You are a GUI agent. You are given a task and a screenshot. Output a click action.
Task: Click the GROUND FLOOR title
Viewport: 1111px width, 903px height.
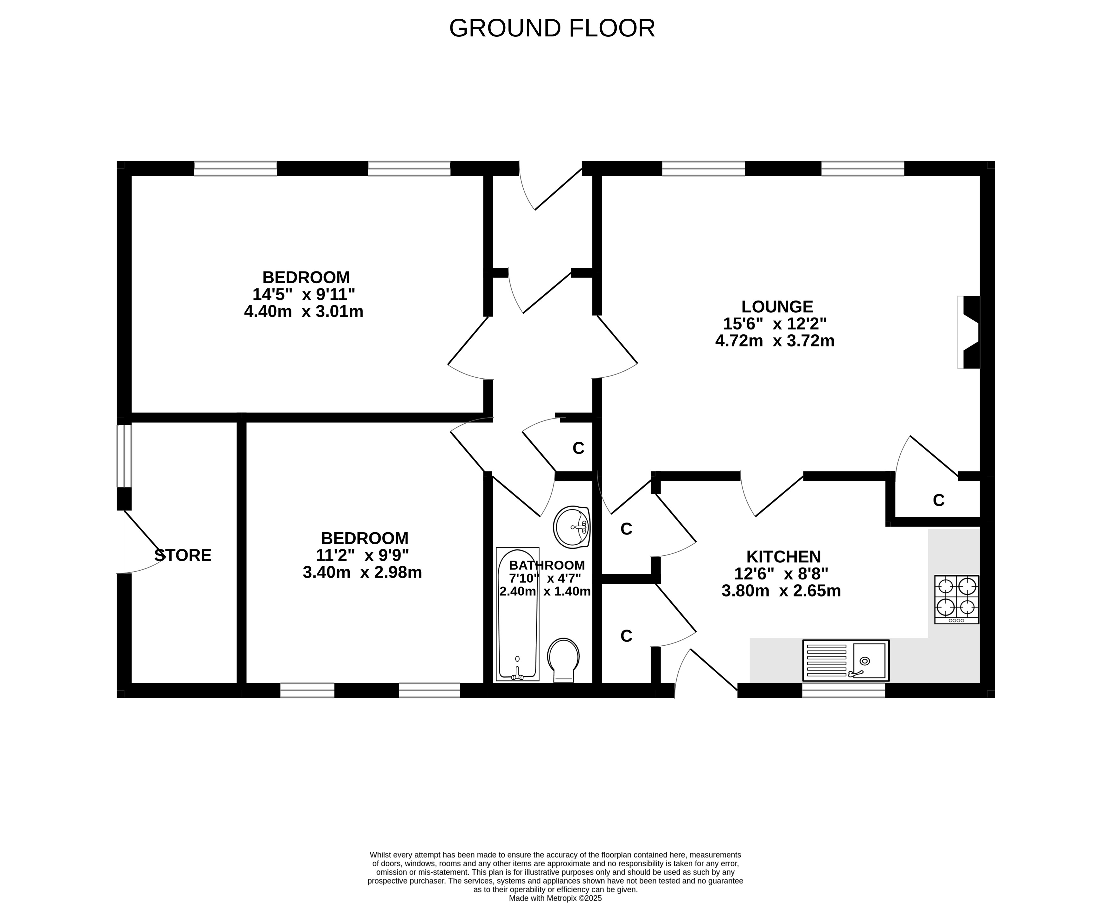552,28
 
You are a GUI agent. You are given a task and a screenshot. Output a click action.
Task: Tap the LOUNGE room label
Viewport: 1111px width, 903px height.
777,306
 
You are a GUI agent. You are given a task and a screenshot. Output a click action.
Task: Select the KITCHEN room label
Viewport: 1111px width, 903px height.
783,557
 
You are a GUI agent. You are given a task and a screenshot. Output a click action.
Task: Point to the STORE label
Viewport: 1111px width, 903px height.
183,555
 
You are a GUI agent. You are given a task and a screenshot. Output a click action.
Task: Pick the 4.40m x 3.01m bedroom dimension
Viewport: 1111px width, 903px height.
304,311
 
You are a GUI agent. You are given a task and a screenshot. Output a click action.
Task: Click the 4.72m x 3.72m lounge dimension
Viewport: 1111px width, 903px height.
775,341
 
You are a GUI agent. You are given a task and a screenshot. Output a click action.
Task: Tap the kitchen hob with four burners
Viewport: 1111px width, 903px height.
956,599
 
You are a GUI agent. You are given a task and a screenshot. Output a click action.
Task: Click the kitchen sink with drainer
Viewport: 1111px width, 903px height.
846,661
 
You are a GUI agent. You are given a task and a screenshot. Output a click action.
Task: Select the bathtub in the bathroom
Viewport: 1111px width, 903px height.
518,614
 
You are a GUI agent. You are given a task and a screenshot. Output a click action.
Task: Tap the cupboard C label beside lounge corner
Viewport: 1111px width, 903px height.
938,500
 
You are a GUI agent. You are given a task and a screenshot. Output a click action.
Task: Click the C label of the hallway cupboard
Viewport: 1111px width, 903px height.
578,448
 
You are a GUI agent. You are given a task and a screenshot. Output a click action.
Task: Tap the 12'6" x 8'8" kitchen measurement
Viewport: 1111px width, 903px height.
781,574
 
